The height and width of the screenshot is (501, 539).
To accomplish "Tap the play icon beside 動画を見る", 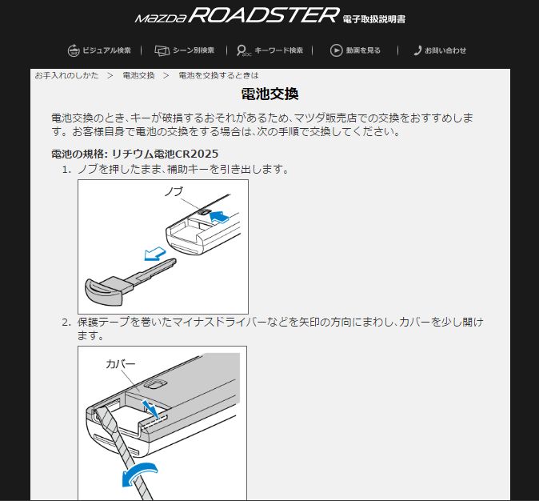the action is [336, 50].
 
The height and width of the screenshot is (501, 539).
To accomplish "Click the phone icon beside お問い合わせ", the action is [417, 50].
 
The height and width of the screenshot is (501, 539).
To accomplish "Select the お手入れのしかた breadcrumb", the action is [66, 75].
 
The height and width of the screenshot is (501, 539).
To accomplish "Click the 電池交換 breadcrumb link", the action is [139, 75].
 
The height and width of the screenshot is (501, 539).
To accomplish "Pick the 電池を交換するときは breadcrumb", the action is [218, 75].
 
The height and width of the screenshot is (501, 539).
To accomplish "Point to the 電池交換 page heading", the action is [269, 94].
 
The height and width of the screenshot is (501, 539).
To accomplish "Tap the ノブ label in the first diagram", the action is [174, 191].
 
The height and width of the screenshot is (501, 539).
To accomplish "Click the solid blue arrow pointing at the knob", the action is [219, 217].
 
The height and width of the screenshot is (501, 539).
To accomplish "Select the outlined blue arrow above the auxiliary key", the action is [154, 255].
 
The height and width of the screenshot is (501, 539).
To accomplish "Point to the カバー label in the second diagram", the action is [121, 364].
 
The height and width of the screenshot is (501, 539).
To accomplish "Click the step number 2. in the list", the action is [66, 323].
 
